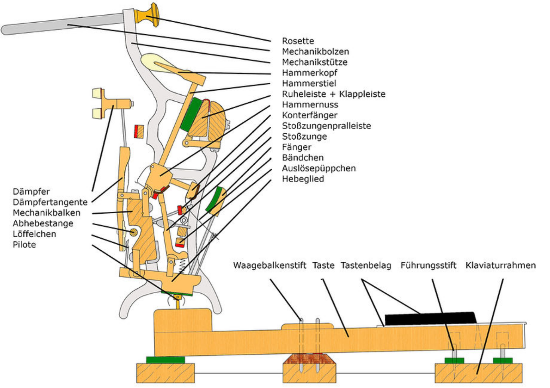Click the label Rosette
click(298, 41)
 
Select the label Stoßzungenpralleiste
click(326, 126)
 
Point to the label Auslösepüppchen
click(318, 168)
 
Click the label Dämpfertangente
click(50, 202)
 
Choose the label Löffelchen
click(34, 234)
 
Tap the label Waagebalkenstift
click(269, 265)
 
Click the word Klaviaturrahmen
click(500, 265)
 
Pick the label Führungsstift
click(428, 265)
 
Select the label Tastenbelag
click(365, 265)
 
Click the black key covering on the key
click(430, 318)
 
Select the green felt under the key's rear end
click(165, 360)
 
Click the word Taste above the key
click(323, 265)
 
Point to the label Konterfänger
click(309, 115)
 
